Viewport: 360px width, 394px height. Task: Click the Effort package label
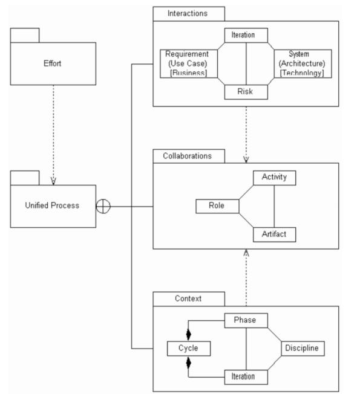click(52, 63)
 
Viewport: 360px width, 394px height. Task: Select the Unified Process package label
click(52, 205)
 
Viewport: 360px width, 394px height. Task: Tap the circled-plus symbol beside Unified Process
click(103, 206)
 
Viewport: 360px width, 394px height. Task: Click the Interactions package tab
click(189, 14)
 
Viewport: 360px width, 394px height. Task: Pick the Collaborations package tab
click(189, 156)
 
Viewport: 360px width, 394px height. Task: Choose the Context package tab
click(189, 299)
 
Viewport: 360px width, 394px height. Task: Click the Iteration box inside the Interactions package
click(246, 35)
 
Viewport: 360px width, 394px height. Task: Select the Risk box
click(246, 92)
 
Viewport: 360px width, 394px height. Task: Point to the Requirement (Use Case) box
click(189, 63)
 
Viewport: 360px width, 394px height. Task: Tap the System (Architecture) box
click(303, 63)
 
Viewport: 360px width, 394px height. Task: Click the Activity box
click(275, 178)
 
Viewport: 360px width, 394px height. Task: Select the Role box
click(217, 206)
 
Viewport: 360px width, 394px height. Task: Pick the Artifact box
click(275, 234)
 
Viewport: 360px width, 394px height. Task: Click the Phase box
click(246, 320)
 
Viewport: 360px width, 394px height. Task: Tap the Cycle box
click(189, 349)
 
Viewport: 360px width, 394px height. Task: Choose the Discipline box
click(303, 349)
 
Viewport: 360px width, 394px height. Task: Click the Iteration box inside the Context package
click(246, 377)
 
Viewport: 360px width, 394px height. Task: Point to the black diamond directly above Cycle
click(188, 335)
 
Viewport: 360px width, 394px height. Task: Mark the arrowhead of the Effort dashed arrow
click(53, 181)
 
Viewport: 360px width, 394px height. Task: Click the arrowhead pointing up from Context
click(246, 253)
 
